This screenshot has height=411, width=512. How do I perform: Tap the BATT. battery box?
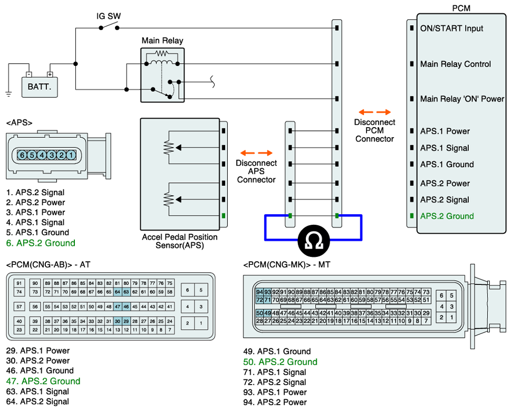(x=40, y=86)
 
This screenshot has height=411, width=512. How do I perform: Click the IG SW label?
(x=109, y=16)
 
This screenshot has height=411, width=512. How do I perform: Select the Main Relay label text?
(x=162, y=41)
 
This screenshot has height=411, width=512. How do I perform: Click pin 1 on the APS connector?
(x=71, y=155)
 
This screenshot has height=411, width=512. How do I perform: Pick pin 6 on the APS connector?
(x=22, y=155)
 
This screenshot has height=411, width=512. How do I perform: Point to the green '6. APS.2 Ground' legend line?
(x=41, y=243)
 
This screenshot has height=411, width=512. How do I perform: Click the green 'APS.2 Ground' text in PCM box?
(x=447, y=216)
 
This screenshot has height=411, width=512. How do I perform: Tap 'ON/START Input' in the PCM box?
(x=451, y=28)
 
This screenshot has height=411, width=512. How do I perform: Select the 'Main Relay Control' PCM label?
(x=455, y=64)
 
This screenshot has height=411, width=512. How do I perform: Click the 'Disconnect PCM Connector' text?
(x=374, y=130)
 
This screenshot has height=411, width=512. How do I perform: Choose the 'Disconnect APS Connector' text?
(x=256, y=171)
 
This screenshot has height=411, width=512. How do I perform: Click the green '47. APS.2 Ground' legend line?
(x=43, y=381)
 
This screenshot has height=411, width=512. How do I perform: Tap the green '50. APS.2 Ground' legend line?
(x=280, y=362)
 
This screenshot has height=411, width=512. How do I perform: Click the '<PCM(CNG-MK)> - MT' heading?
(x=286, y=264)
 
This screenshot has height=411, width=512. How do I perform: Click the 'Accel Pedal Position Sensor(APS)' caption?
(x=179, y=241)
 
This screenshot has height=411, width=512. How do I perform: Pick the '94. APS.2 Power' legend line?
(x=275, y=402)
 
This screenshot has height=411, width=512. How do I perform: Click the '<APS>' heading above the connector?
(x=20, y=123)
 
